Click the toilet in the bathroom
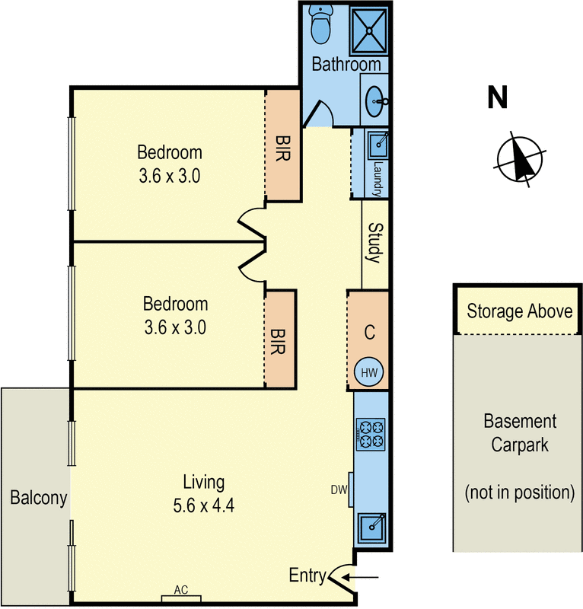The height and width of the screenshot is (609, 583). (321, 24)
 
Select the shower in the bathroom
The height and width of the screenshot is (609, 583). (368, 30)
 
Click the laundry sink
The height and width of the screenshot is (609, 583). (378, 144)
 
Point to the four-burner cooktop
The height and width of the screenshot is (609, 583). (371, 434)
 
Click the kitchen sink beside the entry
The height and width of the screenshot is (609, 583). (371, 527)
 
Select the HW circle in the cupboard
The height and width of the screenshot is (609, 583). (368, 372)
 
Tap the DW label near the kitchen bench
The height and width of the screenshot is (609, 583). (339, 489)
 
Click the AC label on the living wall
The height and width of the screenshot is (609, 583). (181, 589)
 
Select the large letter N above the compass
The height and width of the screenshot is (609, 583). (498, 97)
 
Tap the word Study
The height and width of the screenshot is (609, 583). (375, 243)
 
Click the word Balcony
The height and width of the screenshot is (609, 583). (39, 498)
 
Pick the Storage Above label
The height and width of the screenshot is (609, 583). (519, 311)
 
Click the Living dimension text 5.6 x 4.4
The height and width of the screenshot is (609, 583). (203, 505)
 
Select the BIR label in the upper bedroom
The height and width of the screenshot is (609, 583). (283, 148)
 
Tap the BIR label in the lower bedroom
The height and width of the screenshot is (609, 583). (277, 341)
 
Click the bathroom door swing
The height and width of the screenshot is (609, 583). (317, 113)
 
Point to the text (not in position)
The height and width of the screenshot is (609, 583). (520, 493)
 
